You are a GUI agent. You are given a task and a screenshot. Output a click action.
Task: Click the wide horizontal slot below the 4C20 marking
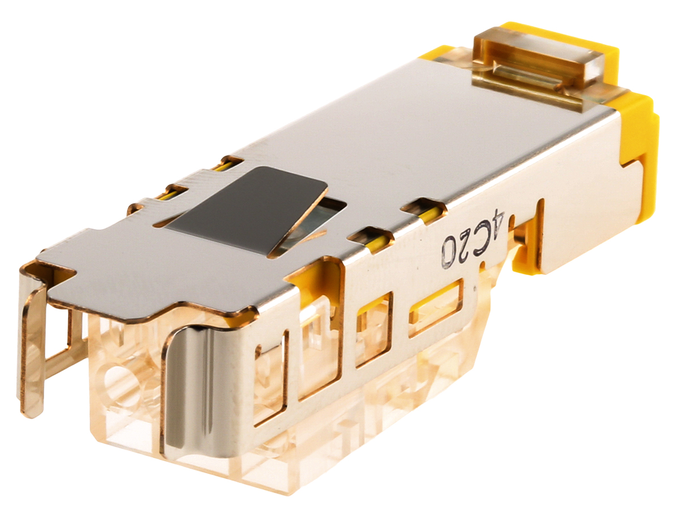(436, 307)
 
